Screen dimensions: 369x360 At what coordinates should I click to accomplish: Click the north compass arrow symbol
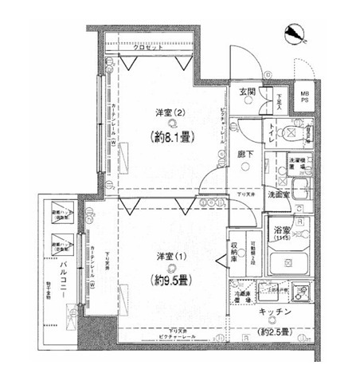292,33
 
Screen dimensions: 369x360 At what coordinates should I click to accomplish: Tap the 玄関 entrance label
248,92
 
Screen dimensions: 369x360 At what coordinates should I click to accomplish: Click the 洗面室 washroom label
276,193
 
